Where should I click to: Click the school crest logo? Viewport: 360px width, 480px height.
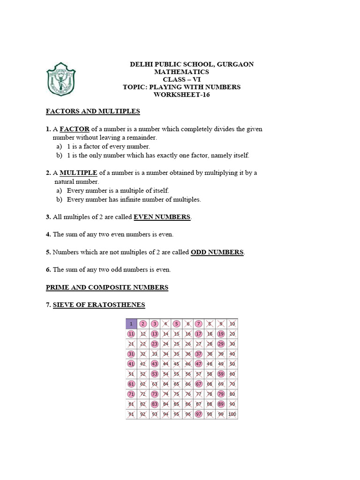click(x=60, y=79)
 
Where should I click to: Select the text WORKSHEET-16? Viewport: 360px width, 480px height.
click(x=182, y=95)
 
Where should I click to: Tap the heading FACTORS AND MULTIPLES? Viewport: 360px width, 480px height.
click(x=93, y=112)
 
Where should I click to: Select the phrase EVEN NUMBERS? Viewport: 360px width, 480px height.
click(x=163, y=217)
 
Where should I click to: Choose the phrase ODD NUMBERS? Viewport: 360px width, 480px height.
click(x=217, y=252)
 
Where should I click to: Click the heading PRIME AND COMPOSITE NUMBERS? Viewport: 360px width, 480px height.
click(x=107, y=287)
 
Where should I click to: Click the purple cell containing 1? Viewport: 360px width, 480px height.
click(x=131, y=324)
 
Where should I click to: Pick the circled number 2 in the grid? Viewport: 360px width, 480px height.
click(x=142, y=324)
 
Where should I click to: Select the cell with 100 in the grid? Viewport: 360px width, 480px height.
click(x=232, y=414)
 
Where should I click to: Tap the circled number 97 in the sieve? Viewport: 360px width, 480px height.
click(x=199, y=414)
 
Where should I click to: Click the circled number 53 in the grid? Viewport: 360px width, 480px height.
click(x=154, y=374)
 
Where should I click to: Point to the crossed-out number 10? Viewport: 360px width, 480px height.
click(x=232, y=324)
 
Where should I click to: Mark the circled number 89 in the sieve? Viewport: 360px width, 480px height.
click(x=221, y=404)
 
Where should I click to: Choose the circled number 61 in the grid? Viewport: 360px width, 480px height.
click(x=131, y=384)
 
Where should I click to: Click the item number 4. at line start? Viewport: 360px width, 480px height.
click(x=48, y=234)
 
